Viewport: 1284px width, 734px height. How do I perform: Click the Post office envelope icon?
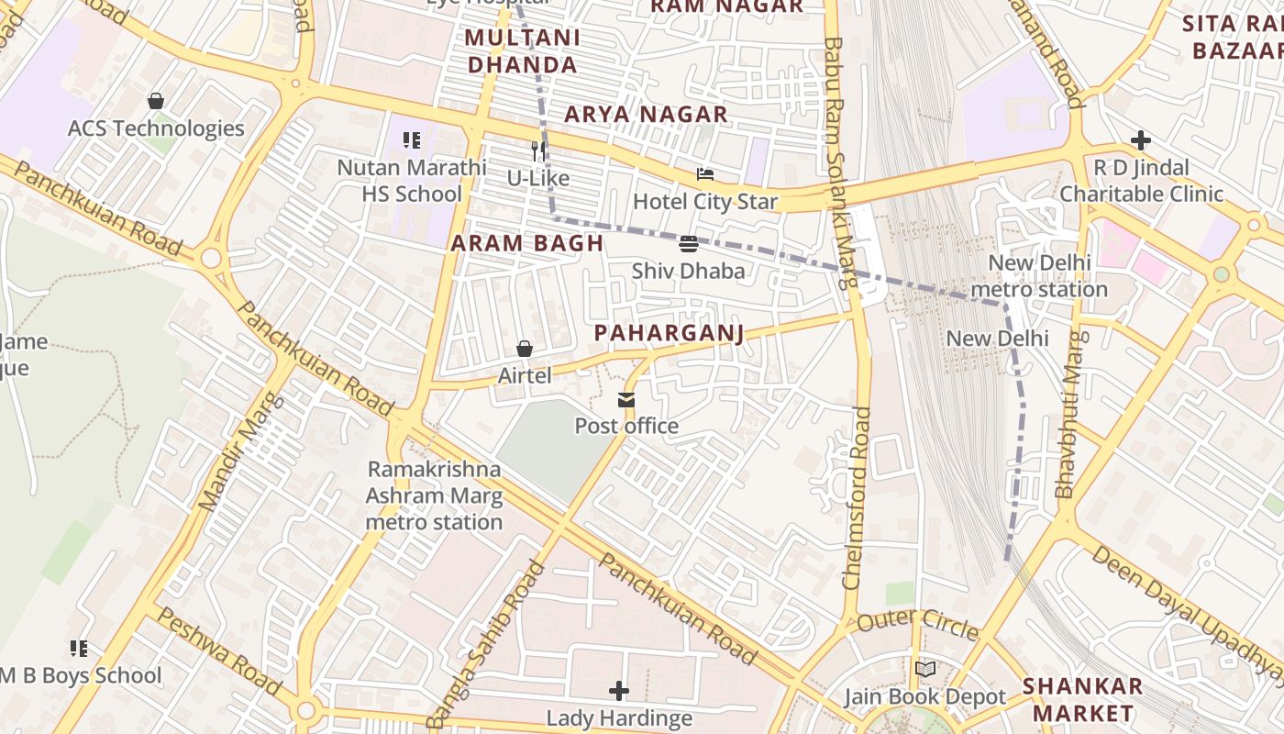626,400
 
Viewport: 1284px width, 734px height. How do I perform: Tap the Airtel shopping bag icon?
525,349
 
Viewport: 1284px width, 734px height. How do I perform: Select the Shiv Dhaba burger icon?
689,244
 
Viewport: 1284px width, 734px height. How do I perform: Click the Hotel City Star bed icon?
704,174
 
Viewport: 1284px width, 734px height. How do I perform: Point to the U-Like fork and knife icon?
538,151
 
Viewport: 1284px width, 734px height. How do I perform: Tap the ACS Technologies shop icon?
156,101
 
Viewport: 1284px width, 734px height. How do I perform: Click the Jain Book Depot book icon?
925,670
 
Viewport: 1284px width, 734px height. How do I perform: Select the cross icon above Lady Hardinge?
619,690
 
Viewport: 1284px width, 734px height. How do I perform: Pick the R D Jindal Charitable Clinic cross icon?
1141,140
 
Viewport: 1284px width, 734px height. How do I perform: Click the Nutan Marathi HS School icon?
412,140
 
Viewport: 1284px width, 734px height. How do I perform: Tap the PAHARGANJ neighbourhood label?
669,333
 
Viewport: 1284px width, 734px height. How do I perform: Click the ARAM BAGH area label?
527,244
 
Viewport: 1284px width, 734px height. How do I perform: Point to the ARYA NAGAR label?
646,115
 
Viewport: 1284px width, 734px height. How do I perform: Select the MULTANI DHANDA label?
523,51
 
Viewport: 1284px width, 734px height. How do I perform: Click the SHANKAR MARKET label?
1082,699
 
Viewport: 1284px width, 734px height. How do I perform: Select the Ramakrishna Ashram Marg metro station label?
434,495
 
